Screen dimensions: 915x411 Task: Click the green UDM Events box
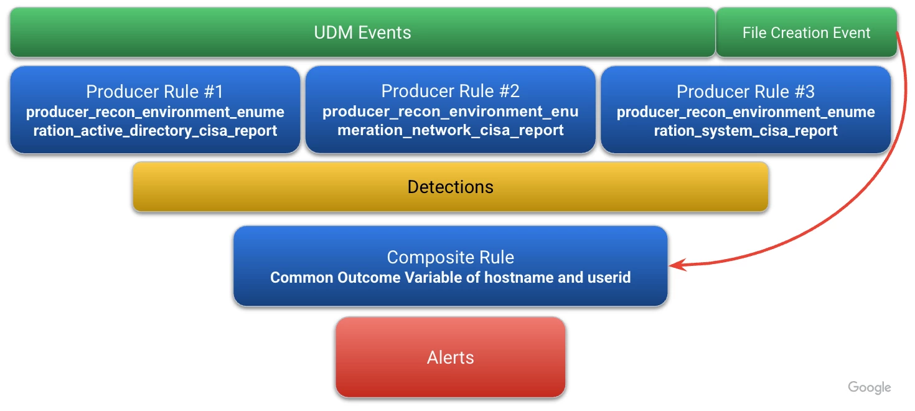pos(362,32)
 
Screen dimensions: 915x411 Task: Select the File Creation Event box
pos(806,32)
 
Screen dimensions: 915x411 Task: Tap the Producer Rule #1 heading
pos(155,91)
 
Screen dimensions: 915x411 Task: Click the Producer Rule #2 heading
pos(450,91)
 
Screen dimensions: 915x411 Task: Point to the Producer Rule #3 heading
pos(746,91)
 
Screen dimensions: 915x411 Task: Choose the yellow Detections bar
pos(450,187)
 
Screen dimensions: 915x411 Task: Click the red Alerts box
pos(451,357)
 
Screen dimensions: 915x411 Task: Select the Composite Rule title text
pos(450,257)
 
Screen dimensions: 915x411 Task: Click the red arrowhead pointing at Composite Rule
pos(678,265)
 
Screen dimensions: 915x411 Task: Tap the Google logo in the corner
pos(869,387)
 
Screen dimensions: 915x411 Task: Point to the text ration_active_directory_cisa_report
pos(155,131)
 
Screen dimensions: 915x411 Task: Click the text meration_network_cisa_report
pos(450,130)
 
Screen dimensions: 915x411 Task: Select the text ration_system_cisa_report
pos(746,131)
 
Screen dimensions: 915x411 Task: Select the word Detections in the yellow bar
pos(450,187)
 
